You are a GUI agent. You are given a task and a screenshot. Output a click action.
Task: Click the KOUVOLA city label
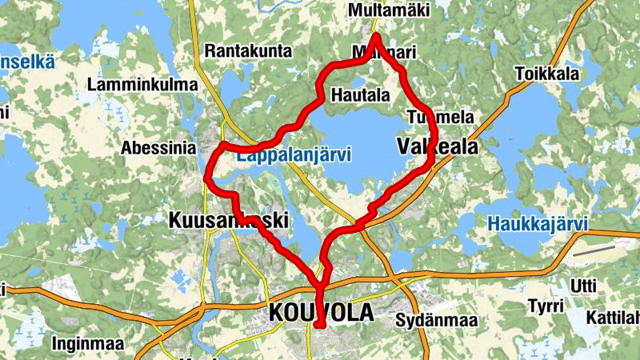[x=319, y=313]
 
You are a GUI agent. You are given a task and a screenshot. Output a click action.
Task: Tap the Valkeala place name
[x=437, y=146]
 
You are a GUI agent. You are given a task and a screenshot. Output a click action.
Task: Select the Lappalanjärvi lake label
[x=294, y=156]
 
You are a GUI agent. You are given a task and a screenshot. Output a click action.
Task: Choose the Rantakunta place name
[x=248, y=51]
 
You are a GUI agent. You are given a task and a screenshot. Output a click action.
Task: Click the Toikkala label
[x=547, y=73]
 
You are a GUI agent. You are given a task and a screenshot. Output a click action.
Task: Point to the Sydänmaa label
[x=437, y=321]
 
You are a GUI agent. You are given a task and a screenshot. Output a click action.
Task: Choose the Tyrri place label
[x=546, y=306]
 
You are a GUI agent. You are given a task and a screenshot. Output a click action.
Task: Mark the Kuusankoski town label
[x=228, y=220]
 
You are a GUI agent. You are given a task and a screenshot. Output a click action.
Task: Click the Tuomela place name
[x=440, y=117]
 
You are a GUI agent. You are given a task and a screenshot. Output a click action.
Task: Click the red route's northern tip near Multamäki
[x=376, y=37]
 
